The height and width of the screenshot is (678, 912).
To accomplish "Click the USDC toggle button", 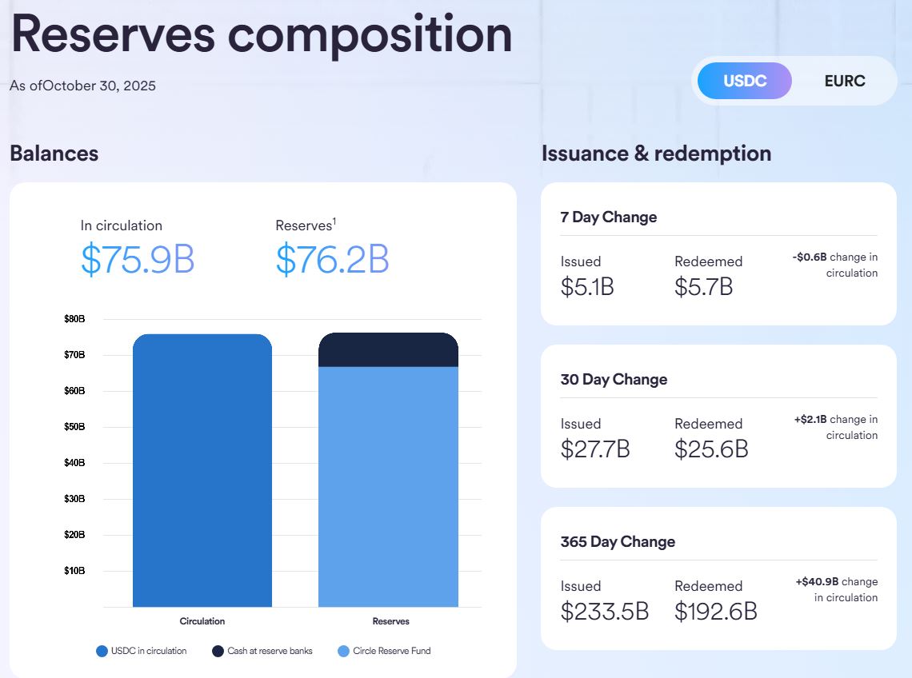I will pos(744,81).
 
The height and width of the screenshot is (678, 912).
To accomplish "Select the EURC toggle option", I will pos(844,81).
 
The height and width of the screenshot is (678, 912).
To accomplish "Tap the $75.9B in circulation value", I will pos(138,259).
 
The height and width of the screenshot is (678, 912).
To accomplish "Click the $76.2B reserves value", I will pos(332,259).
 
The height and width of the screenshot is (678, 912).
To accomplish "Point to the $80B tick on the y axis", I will pos(74,319).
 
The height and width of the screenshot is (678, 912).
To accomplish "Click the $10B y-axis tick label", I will pos(74,571).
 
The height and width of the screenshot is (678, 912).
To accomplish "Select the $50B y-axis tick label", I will pos(74,427).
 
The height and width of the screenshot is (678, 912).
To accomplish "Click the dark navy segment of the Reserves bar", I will pos(388,350).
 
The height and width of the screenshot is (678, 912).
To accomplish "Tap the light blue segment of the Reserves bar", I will pos(388,488).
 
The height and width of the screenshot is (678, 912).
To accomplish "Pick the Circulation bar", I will pos(202,472).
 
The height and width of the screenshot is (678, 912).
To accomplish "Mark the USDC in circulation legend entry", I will pos(142,651).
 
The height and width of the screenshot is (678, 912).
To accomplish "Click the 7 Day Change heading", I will pos(609,217).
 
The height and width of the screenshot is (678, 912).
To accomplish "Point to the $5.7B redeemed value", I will pos(703,286).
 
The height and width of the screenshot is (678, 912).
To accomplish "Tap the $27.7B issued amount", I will pos(595,449).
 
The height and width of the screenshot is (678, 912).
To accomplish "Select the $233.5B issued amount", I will pos(604,611).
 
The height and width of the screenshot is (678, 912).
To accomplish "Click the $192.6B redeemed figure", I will pos(715,611).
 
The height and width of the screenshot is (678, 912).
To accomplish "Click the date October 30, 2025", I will pos(99,86).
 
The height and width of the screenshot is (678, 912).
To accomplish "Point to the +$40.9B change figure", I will pos(816,582).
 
